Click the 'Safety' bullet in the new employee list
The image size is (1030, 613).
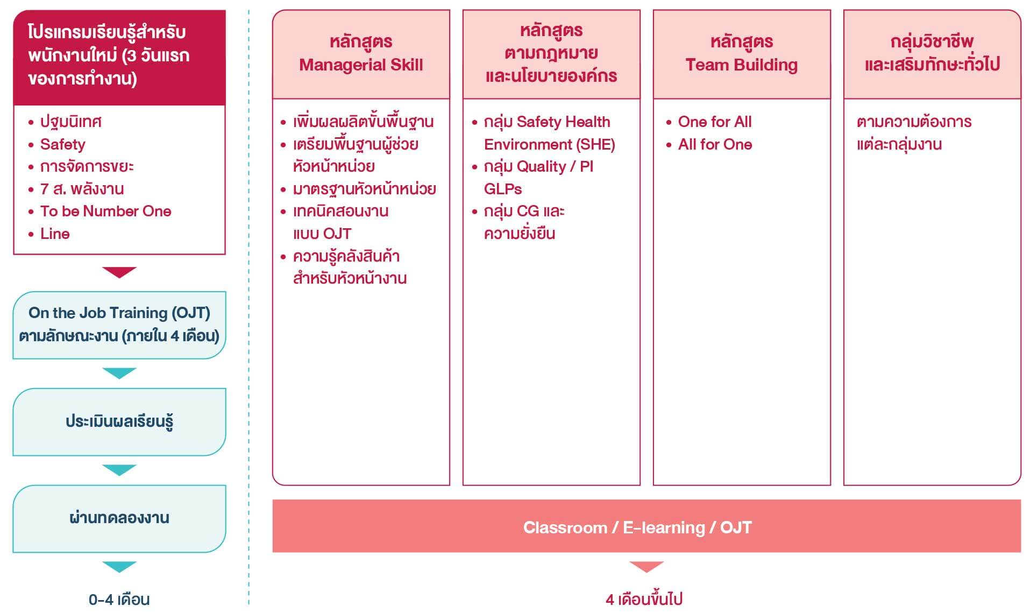click(62, 144)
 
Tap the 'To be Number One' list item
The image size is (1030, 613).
click(105, 211)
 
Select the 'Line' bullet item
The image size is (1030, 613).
click(55, 234)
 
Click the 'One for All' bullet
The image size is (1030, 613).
click(714, 122)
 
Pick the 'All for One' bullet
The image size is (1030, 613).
click(714, 144)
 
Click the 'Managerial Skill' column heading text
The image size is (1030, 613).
click(361, 65)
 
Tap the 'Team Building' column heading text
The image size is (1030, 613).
click(741, 65)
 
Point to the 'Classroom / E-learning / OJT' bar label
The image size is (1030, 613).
click(637, 527)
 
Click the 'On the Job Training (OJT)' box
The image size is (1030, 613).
click(119, 325)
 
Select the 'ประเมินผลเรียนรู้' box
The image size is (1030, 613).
click(119, 422)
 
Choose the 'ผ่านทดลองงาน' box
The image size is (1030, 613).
click(119, 519)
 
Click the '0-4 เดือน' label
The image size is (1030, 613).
click(119, 599)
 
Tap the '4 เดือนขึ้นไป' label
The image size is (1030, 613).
click(644, 599)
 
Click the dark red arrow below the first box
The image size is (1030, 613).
click(119, 271)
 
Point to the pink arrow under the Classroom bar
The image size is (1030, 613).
click(647, 567)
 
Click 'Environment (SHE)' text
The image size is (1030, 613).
click(549, 144)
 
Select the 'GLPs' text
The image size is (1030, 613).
click(503, 189)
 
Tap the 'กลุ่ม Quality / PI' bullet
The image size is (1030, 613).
click(538, 167)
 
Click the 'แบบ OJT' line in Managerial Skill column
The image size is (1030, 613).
click(322, 234)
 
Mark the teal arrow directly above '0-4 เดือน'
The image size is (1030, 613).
click(119, 567)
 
